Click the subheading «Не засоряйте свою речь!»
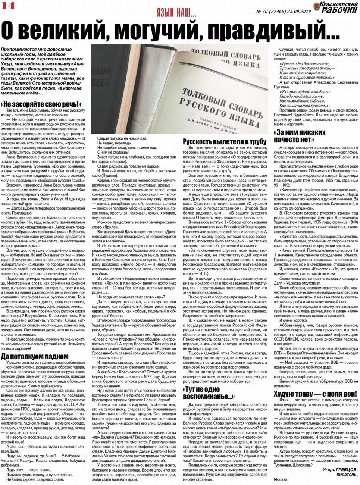[x=41, y=104]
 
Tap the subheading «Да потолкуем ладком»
[x=35, y=356]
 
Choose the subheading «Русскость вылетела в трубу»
[x=225, y=141]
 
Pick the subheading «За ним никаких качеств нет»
[x=300, y=136]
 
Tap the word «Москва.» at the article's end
[x=281, y=479]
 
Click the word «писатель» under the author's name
[x=347, y=474]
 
